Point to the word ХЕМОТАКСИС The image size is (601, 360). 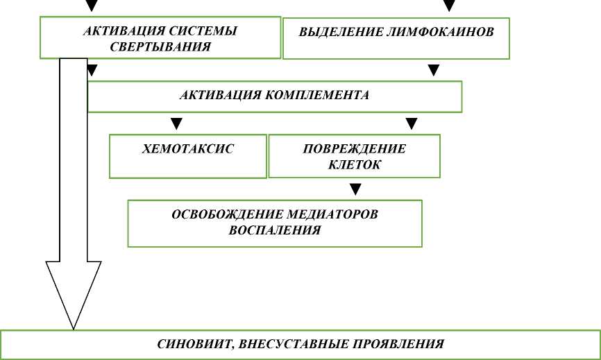point(188,149)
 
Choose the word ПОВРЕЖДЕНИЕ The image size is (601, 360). point(355,149)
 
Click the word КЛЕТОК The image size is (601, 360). point(354,165)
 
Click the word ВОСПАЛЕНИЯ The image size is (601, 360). point(275,230)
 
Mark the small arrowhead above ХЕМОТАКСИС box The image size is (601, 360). point(177,124)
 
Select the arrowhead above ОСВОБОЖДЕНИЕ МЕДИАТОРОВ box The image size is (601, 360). point(355,189)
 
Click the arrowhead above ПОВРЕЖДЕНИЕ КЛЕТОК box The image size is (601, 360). point(412,124)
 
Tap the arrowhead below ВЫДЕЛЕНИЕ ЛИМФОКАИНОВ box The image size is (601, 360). point(434,70)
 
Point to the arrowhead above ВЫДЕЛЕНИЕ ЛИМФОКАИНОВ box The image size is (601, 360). point(450,6)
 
